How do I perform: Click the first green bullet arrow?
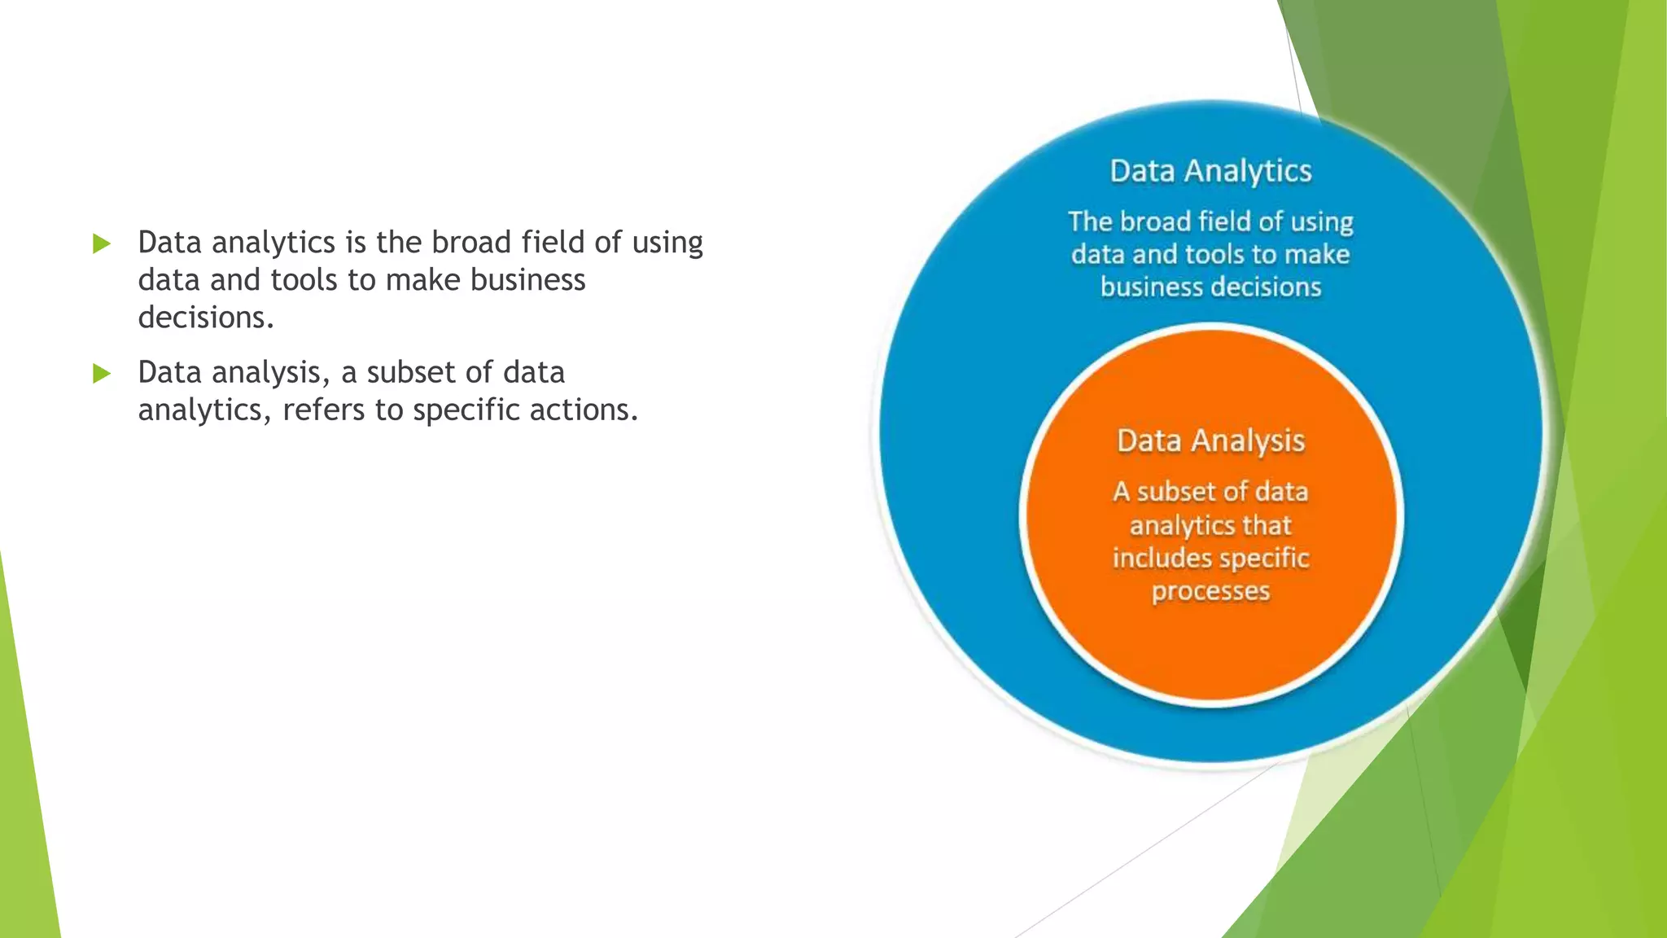(x=102, y=243)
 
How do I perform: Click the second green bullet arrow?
(x=102, y=374)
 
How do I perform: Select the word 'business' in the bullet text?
(x=527, y=280)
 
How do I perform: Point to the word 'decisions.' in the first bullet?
(x=206, y=318)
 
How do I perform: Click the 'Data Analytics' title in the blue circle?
(x=1210, y=172)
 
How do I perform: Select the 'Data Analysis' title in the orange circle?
(x=1210, y=441)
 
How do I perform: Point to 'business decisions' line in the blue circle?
(x=1210, y=287)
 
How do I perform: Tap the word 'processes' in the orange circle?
(x=1210, y=591)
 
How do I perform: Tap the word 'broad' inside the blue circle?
(x=1155, y=221)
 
